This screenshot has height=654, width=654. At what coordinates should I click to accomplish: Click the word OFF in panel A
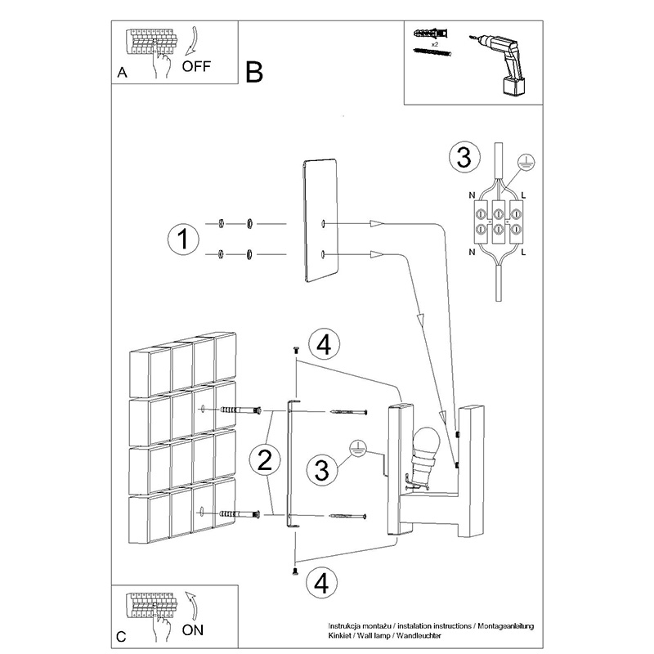196,66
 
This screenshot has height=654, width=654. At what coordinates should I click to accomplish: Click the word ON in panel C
193,629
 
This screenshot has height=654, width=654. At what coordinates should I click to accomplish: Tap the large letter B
254,72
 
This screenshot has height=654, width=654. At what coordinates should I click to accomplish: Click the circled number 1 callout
183,240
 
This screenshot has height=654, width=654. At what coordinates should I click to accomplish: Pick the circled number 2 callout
265,460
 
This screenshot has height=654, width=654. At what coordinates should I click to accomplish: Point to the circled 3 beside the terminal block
464,158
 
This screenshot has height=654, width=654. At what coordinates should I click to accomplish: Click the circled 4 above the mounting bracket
325,345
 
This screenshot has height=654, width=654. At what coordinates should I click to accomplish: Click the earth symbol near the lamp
357,448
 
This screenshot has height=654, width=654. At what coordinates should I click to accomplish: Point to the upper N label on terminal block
472,195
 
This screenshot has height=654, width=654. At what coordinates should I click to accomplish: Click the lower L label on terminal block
524,252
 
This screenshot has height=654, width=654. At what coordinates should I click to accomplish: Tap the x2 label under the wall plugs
435,44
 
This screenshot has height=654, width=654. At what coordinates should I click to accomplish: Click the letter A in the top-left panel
122,73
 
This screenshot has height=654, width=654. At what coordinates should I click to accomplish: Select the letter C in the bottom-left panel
121,637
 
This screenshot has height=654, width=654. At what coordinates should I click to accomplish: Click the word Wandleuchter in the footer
419,636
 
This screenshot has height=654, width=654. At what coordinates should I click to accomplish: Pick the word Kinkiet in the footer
338,636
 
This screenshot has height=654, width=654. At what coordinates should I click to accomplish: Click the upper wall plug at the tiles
240,410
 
